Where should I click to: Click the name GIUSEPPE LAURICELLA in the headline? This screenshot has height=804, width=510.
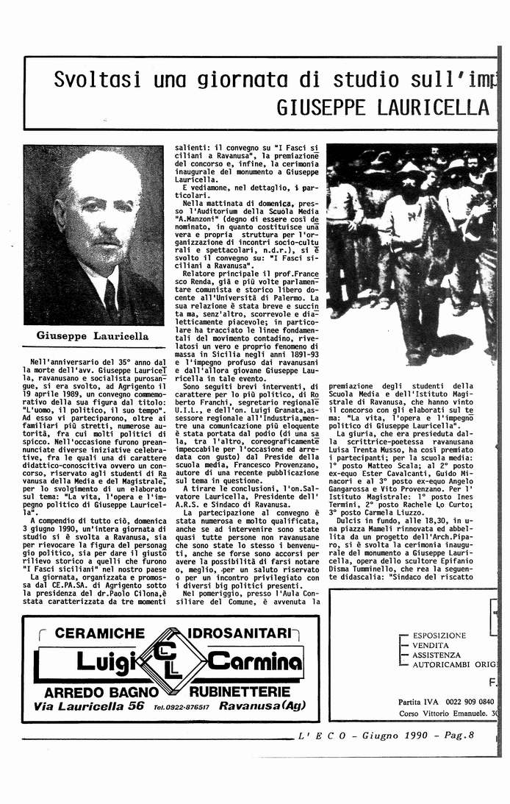(382, 108)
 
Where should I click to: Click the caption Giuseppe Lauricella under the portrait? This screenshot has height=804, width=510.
(93, 336)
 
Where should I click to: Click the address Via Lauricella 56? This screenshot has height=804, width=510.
(89, 706)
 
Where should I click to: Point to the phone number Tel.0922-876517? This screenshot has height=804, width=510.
(180, 708)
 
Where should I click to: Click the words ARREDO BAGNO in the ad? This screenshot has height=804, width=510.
(101, 692)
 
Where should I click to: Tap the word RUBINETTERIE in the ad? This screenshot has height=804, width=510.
(245, 692)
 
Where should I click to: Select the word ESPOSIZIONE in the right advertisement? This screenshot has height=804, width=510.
(439, 635)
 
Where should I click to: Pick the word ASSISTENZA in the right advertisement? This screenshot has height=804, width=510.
(437, 654)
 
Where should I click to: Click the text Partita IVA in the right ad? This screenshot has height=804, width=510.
(420, 702)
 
